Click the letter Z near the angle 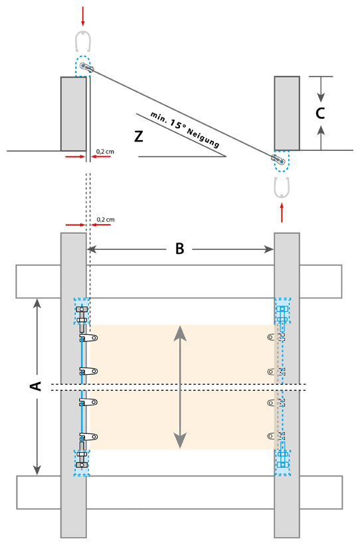(139, 136)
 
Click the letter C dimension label (320, 113)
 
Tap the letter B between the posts (179, 249)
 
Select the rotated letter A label (36, 385)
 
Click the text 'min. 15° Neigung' (185, 130)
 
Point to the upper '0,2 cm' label (105, 152)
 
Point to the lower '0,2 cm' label (106, 220)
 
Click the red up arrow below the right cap (282, 213)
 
